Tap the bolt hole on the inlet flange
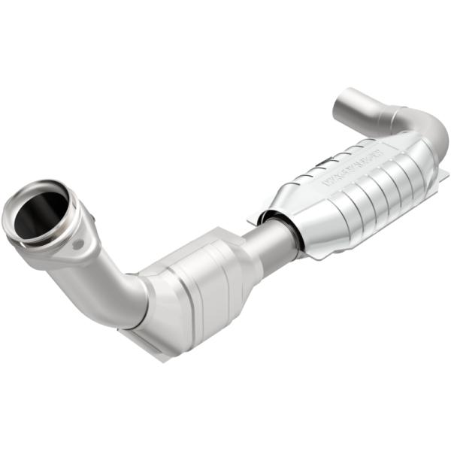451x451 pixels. tap(77, 245)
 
